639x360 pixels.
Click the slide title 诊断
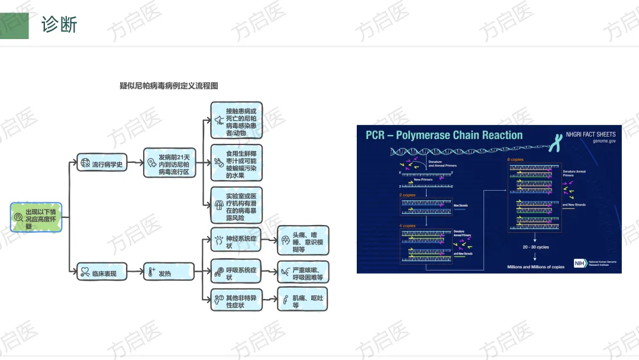coord(59,25)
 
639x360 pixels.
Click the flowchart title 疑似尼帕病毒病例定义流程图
coord(169,86)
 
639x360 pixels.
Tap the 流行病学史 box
coord(102,164)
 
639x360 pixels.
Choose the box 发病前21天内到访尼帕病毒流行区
coord(169,164)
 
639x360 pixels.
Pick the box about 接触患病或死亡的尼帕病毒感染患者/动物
coord(237,122)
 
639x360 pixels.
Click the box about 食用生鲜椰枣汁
coord(237,164)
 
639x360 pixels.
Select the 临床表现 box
coord(102,273)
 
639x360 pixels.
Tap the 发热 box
coord(169,273)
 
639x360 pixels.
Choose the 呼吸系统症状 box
coord(237,273)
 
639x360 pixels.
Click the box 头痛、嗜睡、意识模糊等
coord(303,240)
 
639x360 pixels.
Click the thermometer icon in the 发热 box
coord(152,273)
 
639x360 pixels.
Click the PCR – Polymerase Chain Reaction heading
coord(444,135)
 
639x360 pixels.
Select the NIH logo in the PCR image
coord(579,263)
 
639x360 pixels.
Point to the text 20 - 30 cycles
coord(535,247)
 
